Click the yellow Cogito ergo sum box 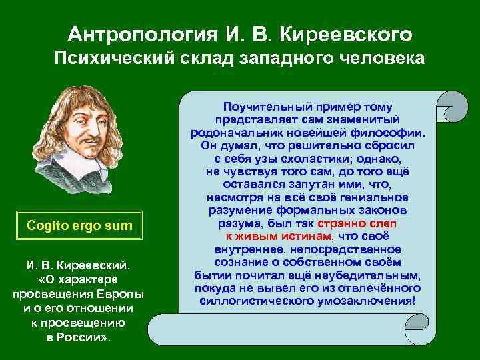coord(80,226)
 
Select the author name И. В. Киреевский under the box coord(79,267)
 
